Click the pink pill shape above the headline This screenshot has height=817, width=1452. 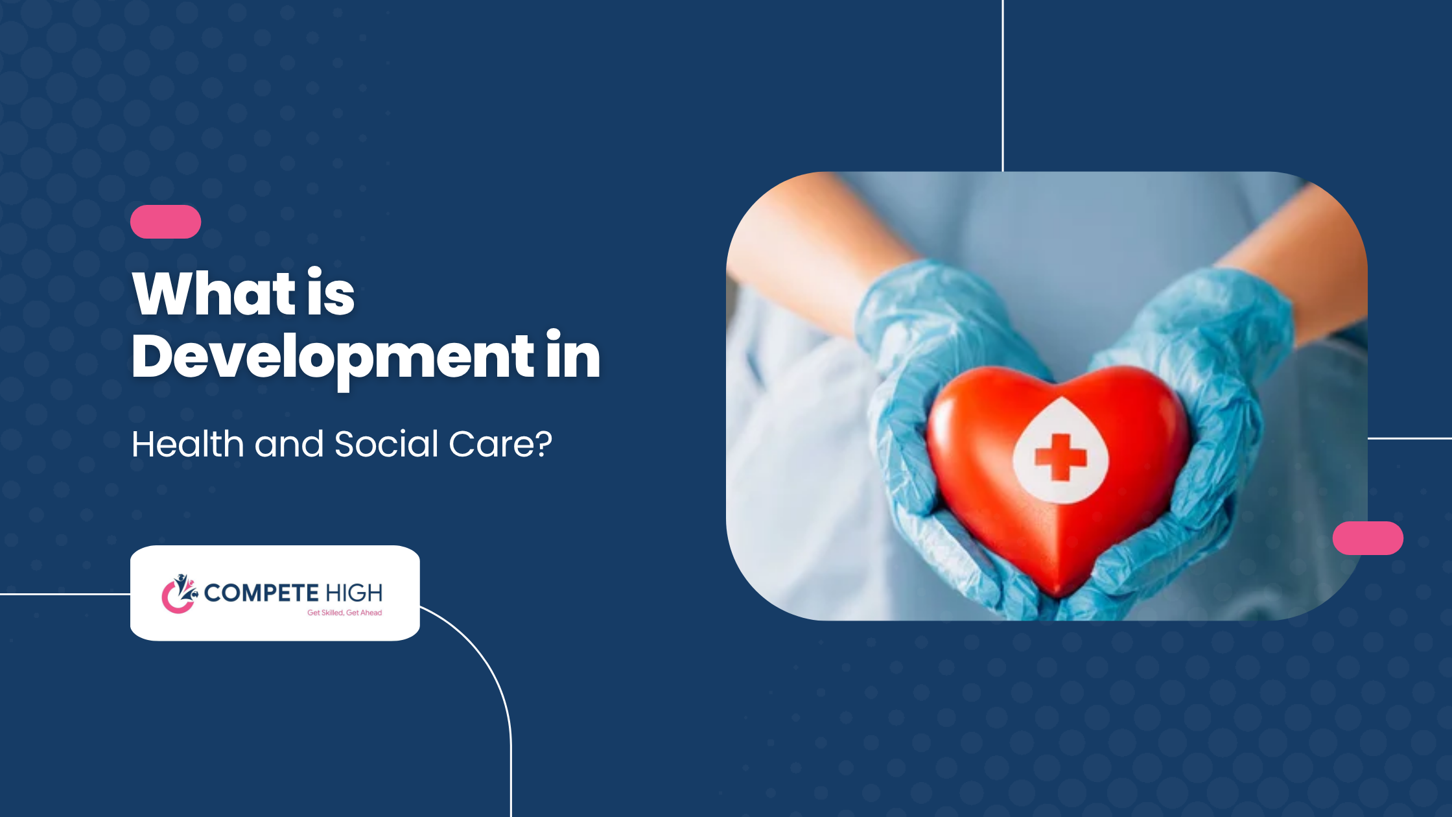(165, 222)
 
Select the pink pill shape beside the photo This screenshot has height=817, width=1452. (1368, 538)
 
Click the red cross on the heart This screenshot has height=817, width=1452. (1060, 457)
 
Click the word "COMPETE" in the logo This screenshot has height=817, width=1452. (261, 593)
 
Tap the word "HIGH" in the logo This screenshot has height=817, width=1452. (354, 593)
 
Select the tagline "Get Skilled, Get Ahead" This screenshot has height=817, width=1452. (344, 613)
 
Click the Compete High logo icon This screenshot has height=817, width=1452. (180, 593)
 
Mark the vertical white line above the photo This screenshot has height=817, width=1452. (1003, 86)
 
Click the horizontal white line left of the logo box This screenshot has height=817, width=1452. (65, 594)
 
